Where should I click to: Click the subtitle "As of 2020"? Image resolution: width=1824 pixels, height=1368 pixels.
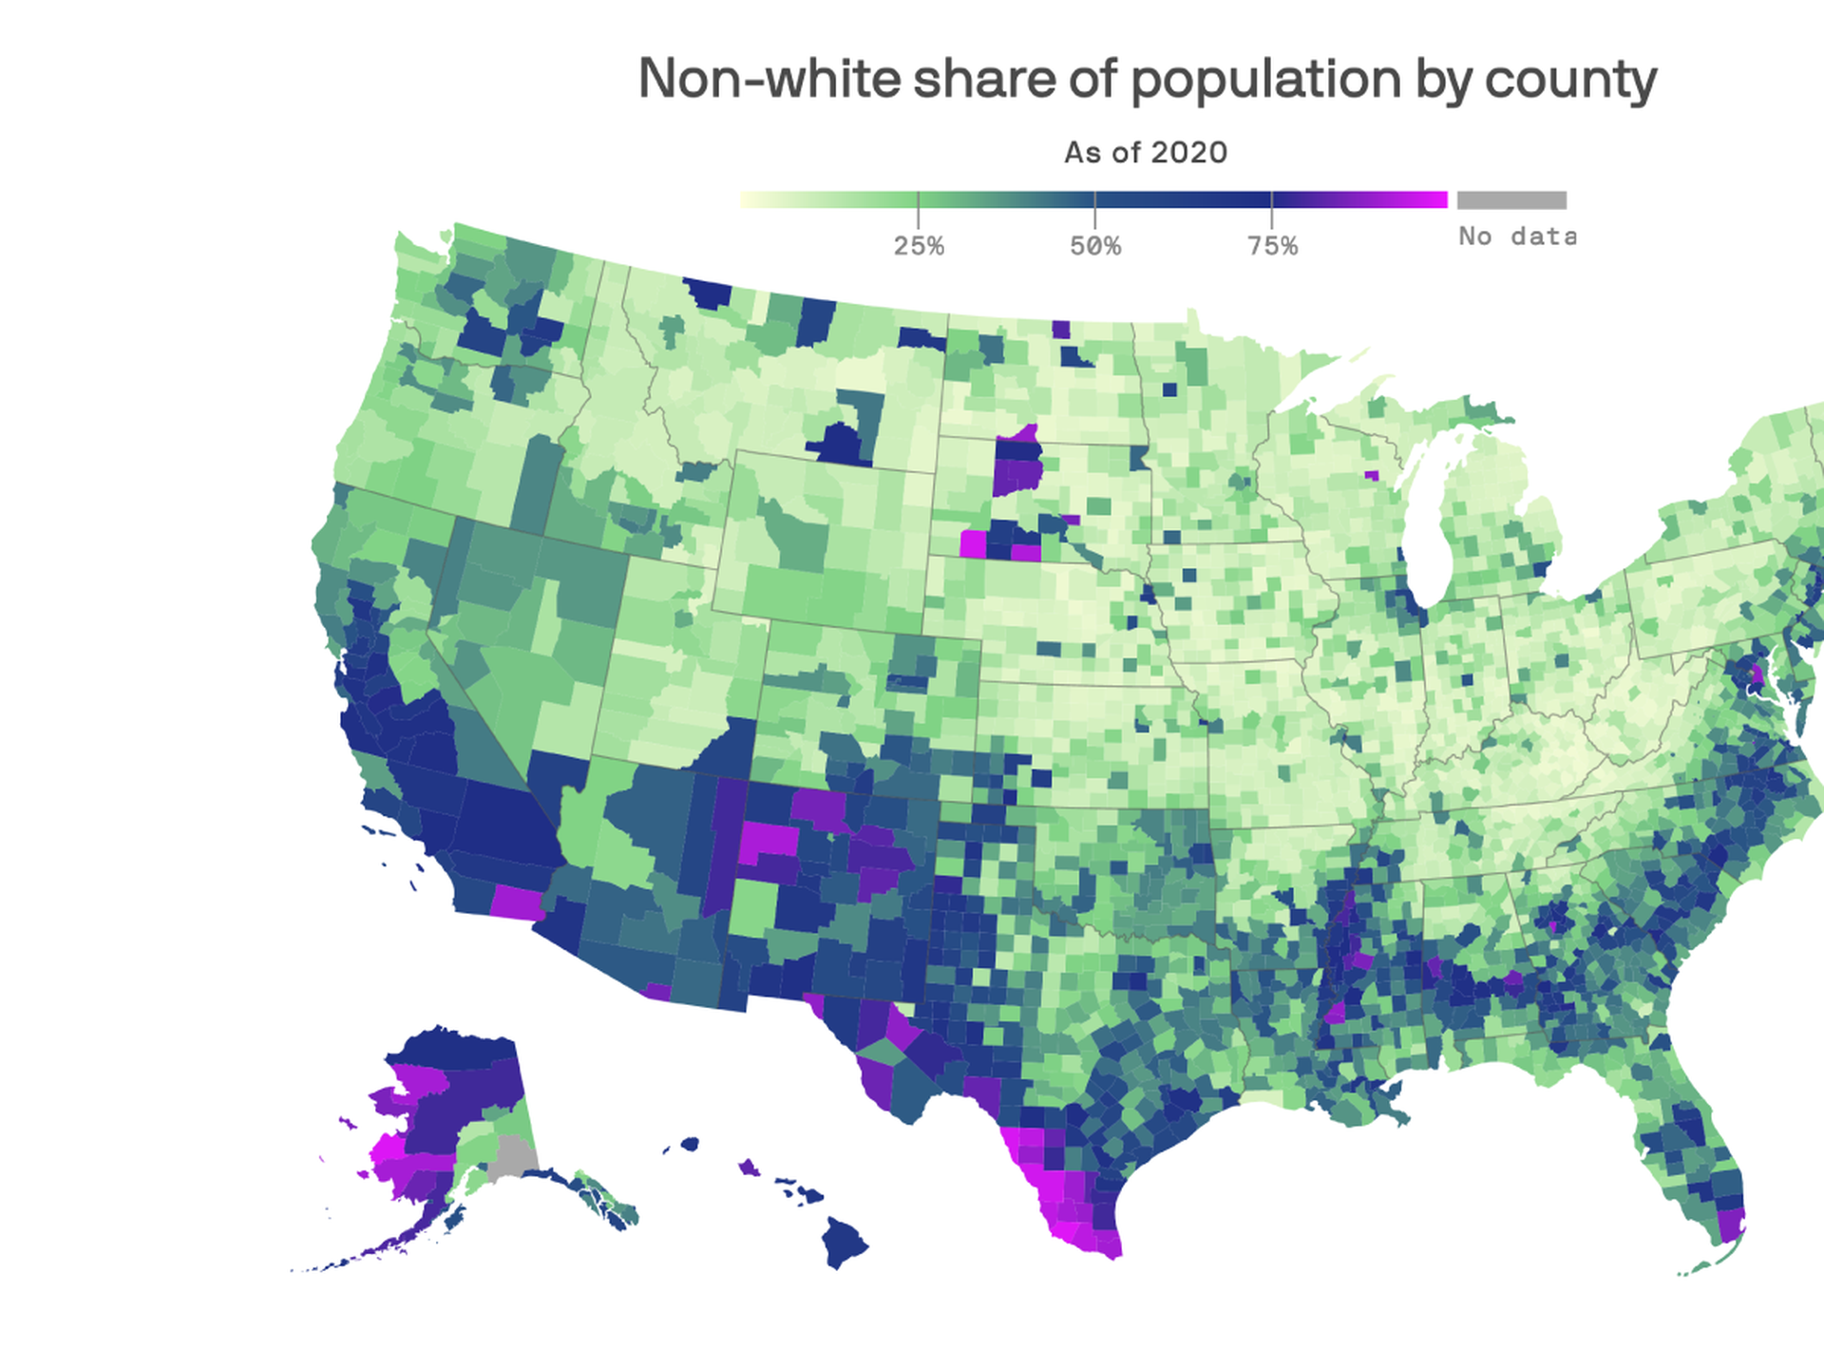pos(1146,152)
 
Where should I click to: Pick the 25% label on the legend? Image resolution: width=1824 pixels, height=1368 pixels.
pos(919,246)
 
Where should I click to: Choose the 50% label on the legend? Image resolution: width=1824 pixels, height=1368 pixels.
pos(1095,246)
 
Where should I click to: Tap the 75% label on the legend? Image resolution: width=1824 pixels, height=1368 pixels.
pos(1272,246)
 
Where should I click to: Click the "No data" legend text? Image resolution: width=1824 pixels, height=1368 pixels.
pos(1516,236)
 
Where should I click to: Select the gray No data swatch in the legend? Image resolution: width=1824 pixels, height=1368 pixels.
pos(1511,200)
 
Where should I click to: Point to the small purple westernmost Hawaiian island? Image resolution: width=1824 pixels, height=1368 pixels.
pos(749,1167)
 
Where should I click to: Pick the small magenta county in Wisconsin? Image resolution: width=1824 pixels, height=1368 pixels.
pos(1371,475)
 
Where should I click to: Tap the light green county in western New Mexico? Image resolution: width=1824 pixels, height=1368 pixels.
pos(752,907)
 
